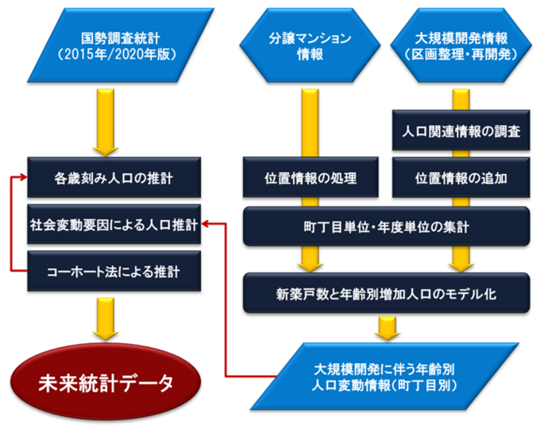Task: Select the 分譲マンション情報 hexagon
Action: coord(300,47)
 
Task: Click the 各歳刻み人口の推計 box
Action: coord(110,178)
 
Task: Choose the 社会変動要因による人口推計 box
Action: coord(110,224)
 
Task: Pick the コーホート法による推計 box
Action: coord(110,271)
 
